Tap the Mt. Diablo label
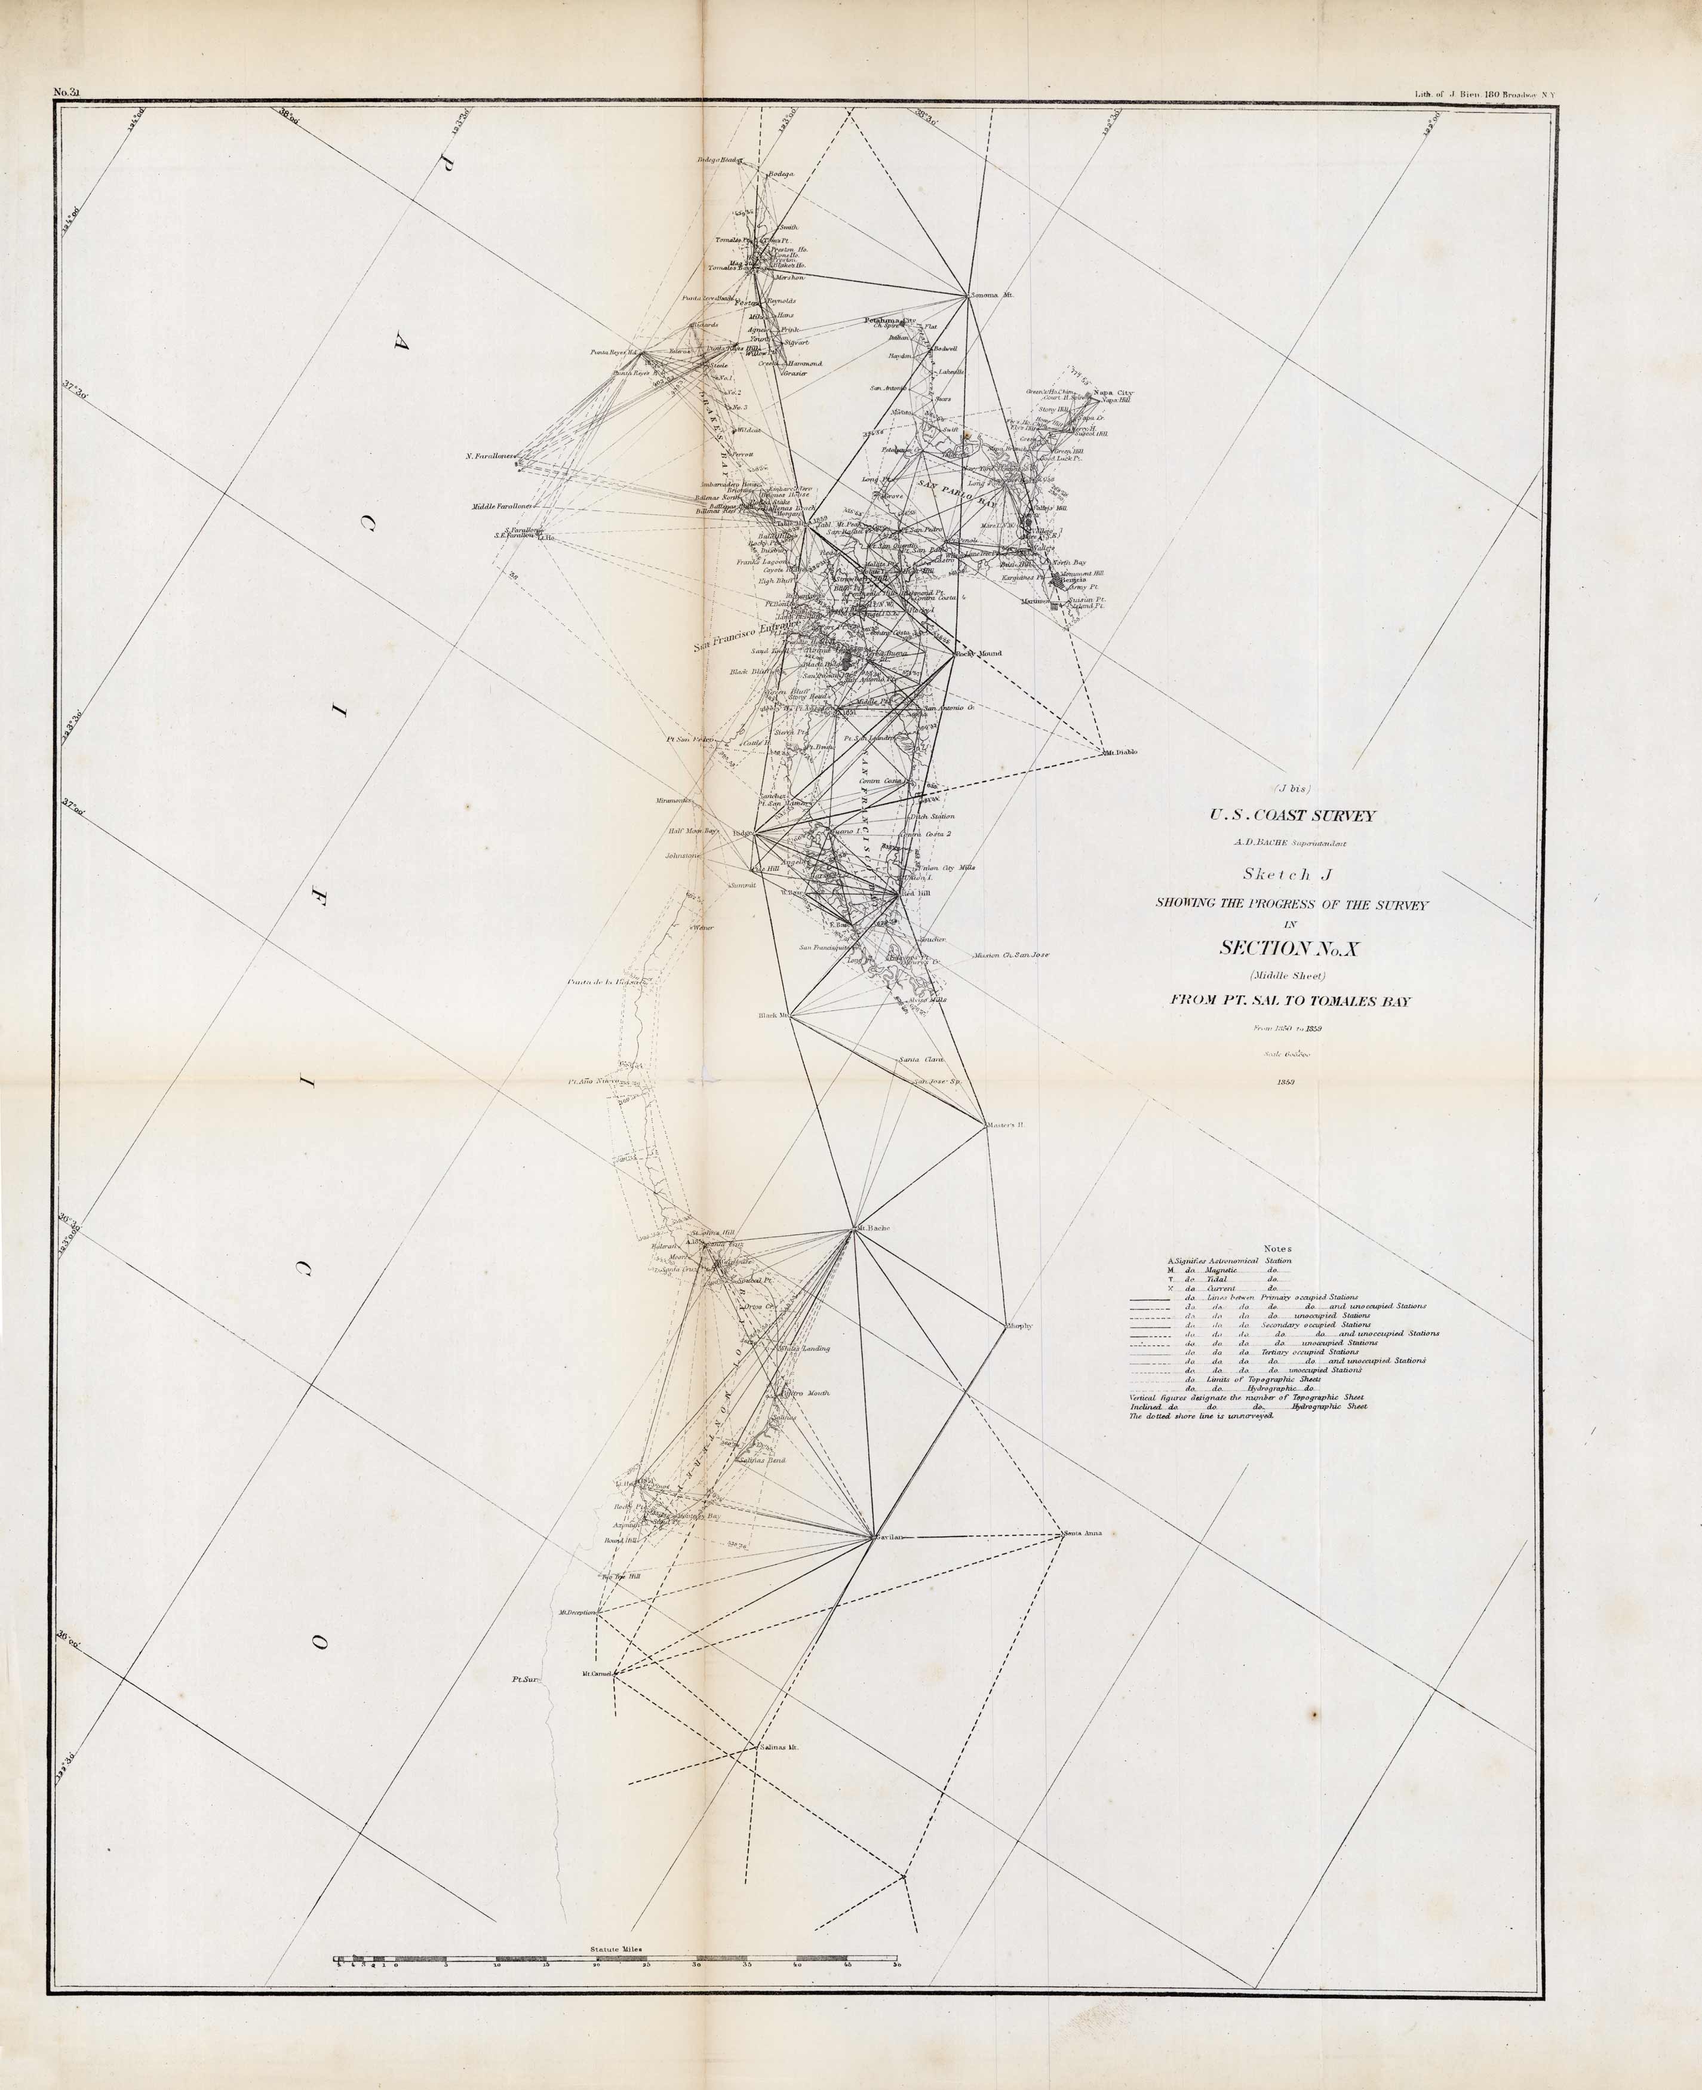1120,753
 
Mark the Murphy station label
1019,1326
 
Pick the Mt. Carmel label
597,1673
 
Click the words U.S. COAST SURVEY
1292,816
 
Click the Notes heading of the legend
1279,1248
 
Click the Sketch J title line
1292,874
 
